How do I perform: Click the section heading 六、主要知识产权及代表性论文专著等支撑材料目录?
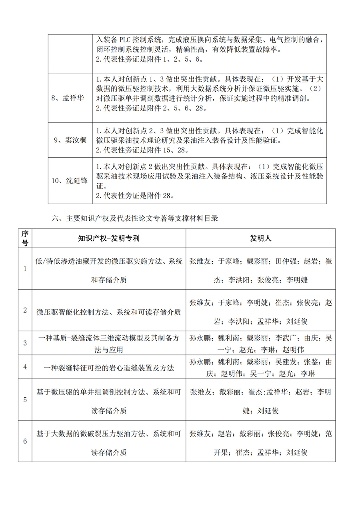pos(135,218)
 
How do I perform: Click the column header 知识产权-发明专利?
pos(109,238)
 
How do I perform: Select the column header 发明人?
pos(260,238)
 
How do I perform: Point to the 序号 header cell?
pos(25,238)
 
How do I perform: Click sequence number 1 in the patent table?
pos(25,269)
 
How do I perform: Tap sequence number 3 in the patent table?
pos(25,343)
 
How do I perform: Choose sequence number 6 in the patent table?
pos(25,441)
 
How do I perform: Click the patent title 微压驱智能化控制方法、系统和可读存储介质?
pos(109,312)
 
